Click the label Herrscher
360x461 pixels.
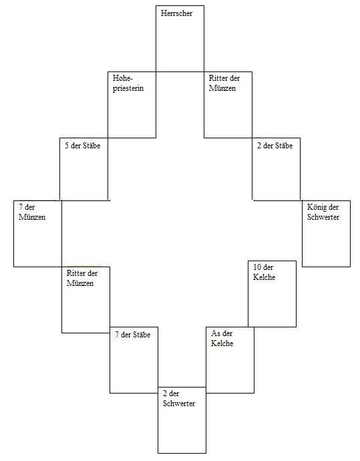click(176, 13)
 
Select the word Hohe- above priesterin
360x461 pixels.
click(123, 78)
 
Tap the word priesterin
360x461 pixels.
click(128, 88)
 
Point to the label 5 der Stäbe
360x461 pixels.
click(83, 146)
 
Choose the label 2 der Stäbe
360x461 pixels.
click(275, 146)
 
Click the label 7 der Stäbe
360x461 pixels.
click(132, 335)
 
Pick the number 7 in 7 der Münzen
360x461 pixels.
click(21, 207)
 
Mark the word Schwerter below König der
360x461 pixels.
click(323, 217)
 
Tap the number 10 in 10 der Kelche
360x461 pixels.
click(257, 267)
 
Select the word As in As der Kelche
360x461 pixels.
click(216, 333)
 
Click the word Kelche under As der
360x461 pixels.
click(222, 343)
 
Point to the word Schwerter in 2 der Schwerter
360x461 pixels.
click(179, 404)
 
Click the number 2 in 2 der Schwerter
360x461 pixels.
click(165, 394)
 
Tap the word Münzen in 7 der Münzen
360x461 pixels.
click(32, 217)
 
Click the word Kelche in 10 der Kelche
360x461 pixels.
click(264, 277)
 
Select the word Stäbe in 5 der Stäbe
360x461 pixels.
click(92, 146)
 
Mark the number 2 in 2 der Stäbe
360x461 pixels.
click(259, 146)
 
